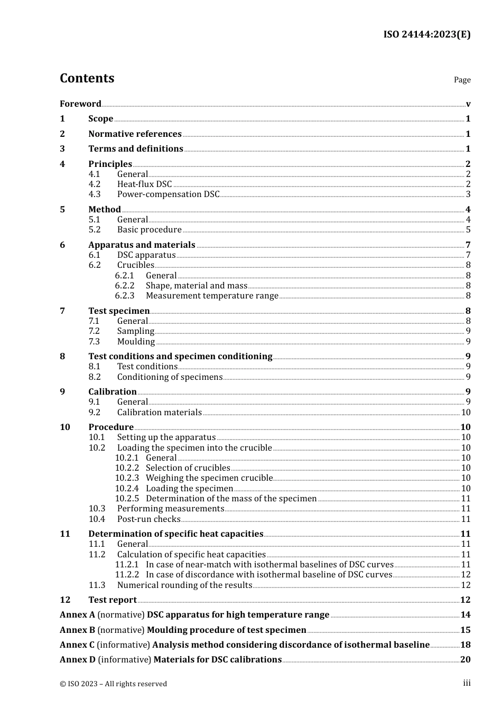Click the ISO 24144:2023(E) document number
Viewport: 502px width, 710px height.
point(426,35)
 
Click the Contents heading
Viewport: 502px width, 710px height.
point(87,78)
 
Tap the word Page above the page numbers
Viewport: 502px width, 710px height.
point(462,80)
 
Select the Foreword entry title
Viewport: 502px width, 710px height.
point(80,104)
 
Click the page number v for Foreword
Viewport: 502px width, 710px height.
point(468,104)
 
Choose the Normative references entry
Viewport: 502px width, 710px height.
point(135,134)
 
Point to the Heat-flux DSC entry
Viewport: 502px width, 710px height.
point(144,184)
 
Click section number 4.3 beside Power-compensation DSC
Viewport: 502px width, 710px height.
point(94,194)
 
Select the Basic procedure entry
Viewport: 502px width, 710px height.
point(149,229)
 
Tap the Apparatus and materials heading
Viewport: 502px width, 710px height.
point(142,245)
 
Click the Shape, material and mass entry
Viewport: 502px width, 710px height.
point(196,285)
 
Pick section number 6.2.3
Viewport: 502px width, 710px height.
point(125,295)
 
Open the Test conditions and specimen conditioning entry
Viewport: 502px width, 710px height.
point(180,356)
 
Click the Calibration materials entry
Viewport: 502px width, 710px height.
point(159,412)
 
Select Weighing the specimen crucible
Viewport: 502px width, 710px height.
point(209,478)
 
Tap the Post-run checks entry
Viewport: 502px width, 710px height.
point(148,519)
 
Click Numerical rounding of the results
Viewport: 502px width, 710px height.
point(184,585)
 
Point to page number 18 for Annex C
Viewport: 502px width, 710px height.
point(465,644)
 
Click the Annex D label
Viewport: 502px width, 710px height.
point(78,659)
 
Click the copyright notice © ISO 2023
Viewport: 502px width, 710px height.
point(113,684)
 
